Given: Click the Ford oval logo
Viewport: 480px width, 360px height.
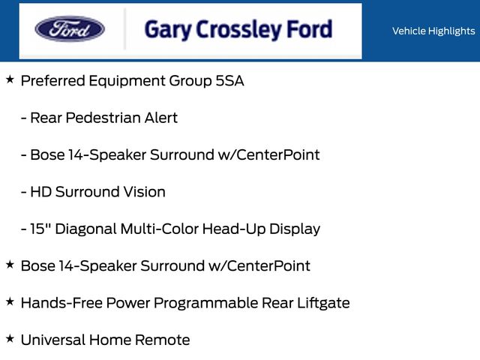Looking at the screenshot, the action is [70, 29].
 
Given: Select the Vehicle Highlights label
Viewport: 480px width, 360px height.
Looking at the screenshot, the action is [433, 31].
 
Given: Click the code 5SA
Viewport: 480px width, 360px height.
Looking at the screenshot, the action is [229, 81].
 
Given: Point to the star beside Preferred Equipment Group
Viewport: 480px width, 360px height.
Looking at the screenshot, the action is [10, 79].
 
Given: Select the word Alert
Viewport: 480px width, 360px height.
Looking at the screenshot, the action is [161, 118].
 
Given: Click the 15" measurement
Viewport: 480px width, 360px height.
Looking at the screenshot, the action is [40, 229].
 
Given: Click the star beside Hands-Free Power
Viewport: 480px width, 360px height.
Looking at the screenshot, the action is [10, 301].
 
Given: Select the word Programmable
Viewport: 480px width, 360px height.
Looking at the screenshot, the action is [206, 303].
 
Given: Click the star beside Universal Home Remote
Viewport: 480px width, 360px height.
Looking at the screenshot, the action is [10, 338].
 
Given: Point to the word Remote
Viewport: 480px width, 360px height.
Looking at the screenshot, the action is [162, 340].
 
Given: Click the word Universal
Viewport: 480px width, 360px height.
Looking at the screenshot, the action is [53, 340].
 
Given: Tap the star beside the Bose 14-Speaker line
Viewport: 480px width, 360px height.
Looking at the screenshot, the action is [10, 265].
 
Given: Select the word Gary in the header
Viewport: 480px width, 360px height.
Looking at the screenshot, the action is [167, 30].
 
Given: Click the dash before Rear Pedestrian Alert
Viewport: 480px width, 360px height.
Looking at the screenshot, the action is [23, 118].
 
